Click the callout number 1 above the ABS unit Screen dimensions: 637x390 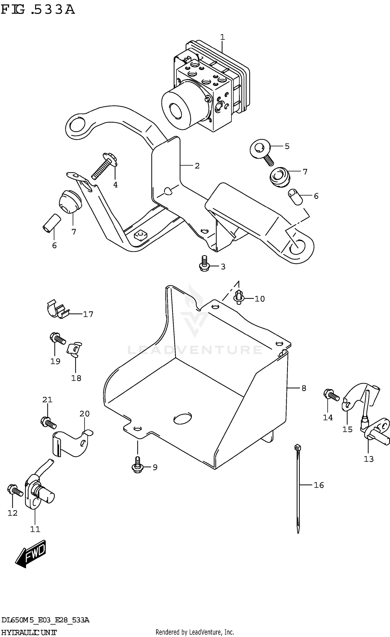222,37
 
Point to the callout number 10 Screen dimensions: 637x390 259,299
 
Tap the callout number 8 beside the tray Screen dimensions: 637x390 304,388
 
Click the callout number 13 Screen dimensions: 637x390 368,459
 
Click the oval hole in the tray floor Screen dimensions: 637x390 182,418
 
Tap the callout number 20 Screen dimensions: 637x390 84,414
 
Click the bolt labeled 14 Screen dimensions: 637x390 331,395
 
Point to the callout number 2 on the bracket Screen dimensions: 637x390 197,166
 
